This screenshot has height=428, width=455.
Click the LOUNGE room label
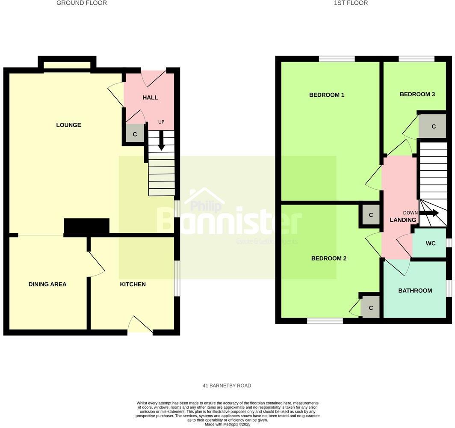[x=68, y=125]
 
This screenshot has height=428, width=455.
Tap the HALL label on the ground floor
[x=150, y=98]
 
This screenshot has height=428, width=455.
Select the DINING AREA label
[x=47, y=284]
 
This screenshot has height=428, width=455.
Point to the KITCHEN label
[x=133, y=284]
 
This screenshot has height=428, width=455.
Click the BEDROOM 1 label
[x=327, y=95]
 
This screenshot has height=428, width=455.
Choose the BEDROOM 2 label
[x=328, y=259]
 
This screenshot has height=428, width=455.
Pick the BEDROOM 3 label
[x=417, y=94]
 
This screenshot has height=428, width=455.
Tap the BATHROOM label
[x=415, y=291]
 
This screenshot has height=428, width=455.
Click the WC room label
[x=430, y=244]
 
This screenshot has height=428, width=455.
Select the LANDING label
[x=403, y=220]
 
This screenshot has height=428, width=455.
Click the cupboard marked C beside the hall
[x=135, y=134]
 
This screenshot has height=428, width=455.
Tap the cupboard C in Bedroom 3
[x=433, y=127]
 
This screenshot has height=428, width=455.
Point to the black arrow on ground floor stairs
[x=162, y=141]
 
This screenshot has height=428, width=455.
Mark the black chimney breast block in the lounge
[x=86, y=226]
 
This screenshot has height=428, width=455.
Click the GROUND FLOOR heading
[x=82, y=3]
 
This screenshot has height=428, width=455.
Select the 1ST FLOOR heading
[x=351, y=3]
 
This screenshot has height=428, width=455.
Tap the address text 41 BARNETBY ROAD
[x=227, y=386]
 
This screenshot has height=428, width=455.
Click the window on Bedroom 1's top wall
[x=337, y=59]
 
